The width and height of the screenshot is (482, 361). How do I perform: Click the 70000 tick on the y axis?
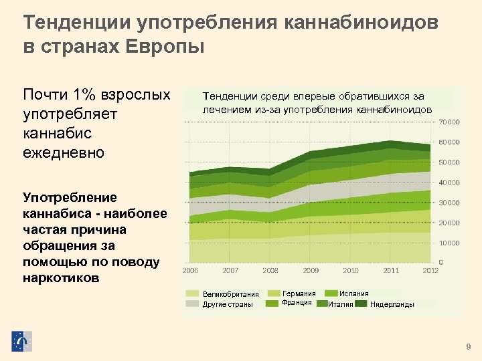(449, 122)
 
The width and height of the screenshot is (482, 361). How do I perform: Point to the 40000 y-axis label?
(449, 182)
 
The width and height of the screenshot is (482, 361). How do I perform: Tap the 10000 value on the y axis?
(449, 243)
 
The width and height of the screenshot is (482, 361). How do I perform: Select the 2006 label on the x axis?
(191, 271)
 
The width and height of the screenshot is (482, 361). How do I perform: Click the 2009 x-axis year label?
(311, 271)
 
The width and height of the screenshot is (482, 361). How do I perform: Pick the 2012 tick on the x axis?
(430, 271)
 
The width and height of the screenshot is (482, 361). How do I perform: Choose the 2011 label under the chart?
(391, 271)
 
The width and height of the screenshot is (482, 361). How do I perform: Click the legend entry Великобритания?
(231, 295)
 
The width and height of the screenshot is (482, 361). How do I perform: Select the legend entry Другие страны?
(228, 305)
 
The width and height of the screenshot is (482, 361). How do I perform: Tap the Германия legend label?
(299, 293)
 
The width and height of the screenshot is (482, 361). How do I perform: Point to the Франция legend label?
(297, 302)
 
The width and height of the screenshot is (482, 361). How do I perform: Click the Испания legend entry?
(353, 293)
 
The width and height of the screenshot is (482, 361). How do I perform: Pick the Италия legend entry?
(341, 305)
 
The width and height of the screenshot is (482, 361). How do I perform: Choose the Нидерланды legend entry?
(392, 305)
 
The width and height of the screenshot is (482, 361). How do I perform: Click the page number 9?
(468, 346)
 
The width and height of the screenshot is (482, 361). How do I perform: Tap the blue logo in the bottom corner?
(21, 341)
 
